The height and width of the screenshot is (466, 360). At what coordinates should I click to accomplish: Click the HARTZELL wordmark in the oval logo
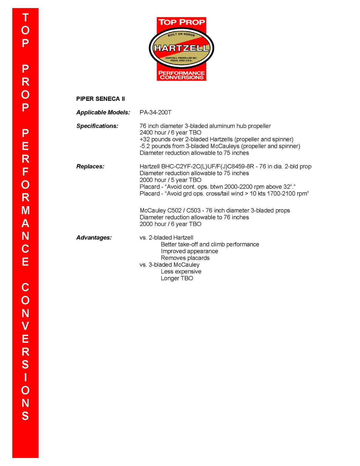[x=181, y=48]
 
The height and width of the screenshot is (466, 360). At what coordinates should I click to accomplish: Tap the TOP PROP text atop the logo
[x=181, y=22]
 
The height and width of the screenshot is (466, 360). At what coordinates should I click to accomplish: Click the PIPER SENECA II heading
[x=100, y=99]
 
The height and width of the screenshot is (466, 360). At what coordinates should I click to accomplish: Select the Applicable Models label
[x=103, y=112]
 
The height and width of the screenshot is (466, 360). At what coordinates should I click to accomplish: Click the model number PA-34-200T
[x=155, y=112]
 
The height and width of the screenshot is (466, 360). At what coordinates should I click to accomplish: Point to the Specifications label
[x=97, y=126]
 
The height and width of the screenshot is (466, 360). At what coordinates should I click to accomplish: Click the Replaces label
[x=90, y=166]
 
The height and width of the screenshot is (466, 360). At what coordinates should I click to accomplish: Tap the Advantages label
[x=94, y=237]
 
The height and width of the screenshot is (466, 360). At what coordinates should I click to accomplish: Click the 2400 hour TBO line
[x=170, y=133]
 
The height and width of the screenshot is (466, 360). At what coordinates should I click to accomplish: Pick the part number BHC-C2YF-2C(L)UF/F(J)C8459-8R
[x=208, y=166]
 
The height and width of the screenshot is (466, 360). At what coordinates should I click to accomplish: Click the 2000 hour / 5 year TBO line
[x=170, y=180]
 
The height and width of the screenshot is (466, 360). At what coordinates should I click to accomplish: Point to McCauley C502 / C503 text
[x=170, y=210]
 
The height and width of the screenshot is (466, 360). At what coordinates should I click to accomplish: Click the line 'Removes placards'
[x=185, y=258]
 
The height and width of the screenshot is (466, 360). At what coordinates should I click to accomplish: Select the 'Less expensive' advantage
[x=181, y=272]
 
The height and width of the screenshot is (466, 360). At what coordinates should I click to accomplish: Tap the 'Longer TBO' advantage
[x=177, y=278]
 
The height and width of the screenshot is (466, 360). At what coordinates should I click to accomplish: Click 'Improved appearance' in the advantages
[x=189, y=251]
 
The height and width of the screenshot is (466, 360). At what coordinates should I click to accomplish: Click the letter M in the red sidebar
[x=25, y=210]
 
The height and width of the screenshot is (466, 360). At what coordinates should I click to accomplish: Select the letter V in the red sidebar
[x=25, y=326]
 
